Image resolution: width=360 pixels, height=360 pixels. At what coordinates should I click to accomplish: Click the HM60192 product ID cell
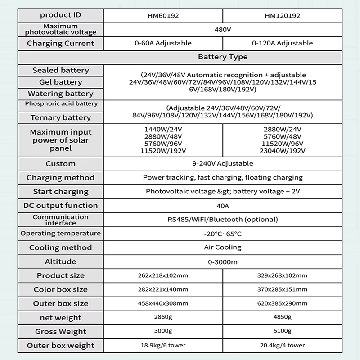(163, 15)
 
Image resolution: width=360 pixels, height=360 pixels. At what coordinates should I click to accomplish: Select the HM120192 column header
(283, 15)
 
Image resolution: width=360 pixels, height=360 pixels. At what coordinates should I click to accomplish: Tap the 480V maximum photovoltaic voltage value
(223, 29)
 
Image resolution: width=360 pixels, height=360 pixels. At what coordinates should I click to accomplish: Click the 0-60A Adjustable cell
(163, 43)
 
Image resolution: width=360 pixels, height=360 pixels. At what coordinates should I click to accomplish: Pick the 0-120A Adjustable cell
(283, 43)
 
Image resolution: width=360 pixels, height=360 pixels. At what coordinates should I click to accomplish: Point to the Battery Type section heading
(223, 57)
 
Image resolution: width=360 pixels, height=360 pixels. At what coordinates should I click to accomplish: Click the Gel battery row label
(61, 82)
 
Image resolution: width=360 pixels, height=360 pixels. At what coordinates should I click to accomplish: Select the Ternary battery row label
(61, 117)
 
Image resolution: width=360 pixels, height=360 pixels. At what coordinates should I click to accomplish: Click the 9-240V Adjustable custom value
(223, 163)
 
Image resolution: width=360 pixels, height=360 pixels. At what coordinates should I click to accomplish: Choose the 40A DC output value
(223, 206)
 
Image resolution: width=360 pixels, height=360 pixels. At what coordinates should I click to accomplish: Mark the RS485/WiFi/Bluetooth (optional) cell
(223, 220)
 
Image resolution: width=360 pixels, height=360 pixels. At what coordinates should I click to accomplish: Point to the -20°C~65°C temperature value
(223, 234)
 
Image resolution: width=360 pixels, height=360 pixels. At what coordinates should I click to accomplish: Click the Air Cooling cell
(223, 247)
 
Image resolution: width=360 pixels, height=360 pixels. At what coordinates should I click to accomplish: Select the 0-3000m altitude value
(223, 261)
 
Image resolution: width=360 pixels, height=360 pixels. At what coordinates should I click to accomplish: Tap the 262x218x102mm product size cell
(163, 275)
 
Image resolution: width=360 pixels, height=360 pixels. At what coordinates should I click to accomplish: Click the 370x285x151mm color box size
(283, 289)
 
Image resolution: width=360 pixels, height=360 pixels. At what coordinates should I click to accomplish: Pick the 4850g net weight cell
(283, 318)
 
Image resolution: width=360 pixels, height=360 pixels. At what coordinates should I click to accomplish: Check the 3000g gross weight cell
(163, 332)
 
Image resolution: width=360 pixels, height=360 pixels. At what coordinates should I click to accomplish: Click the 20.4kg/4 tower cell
(283, 346)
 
